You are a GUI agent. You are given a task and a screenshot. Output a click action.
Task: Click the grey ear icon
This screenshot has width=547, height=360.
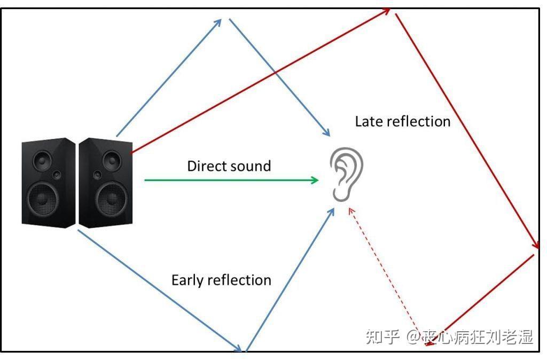pos(346,174)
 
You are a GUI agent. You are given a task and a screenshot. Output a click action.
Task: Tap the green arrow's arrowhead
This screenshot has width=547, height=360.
pos(314,181)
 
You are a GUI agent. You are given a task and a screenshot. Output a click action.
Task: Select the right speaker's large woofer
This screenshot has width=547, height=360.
pos(112,199)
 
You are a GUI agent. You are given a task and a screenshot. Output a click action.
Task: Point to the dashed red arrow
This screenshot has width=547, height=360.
pos(387,277)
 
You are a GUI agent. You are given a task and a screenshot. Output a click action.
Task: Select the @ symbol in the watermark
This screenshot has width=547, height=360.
pos(414,337)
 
